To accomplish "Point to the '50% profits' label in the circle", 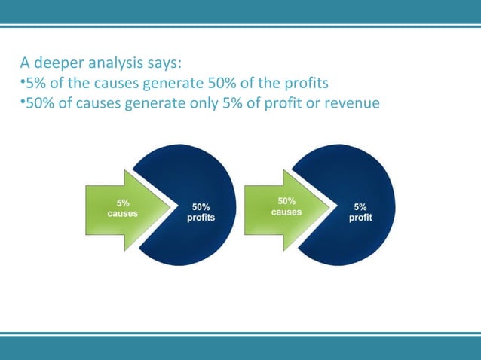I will point(201,212).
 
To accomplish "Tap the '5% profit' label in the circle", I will point(360,212).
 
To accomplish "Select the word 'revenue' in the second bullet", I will point(351,101).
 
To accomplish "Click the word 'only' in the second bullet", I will point(210,101).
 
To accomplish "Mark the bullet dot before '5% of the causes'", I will point(21,81).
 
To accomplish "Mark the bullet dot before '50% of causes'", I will point(21,101).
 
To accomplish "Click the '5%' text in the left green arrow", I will point(122,203).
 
